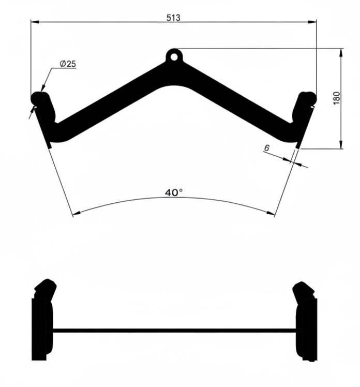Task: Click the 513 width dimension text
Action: pos(173,18)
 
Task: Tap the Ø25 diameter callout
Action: pos(68,63)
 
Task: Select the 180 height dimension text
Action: pos(337,98)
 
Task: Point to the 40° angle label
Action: pos(174,192)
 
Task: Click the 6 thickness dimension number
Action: pos(266,148)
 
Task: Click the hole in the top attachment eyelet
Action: pos(174,55)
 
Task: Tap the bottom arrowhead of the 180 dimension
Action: pos(341,145)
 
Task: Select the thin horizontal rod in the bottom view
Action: pos(174,330)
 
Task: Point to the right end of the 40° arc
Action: pos(274,213)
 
